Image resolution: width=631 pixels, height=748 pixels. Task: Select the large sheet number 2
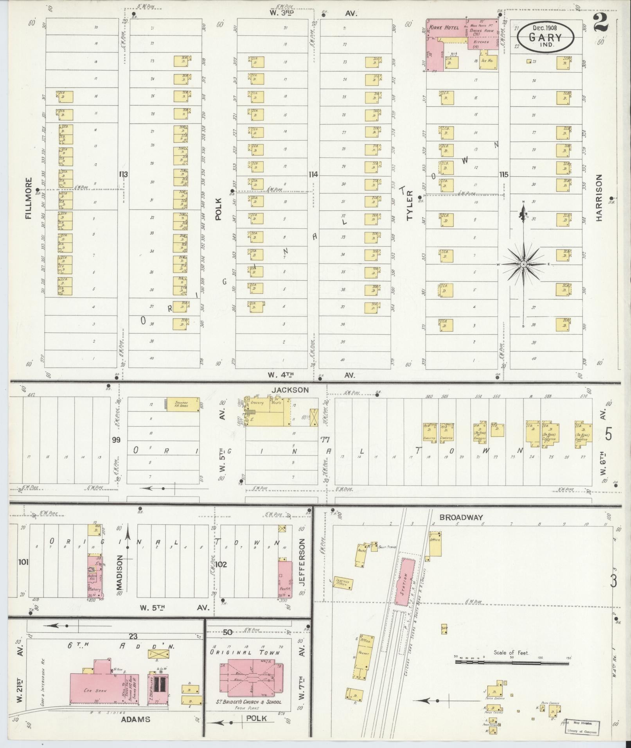601,22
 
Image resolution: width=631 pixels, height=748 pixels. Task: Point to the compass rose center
523,264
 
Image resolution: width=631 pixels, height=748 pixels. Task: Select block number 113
124,174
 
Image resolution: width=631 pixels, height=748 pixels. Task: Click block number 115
503,174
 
